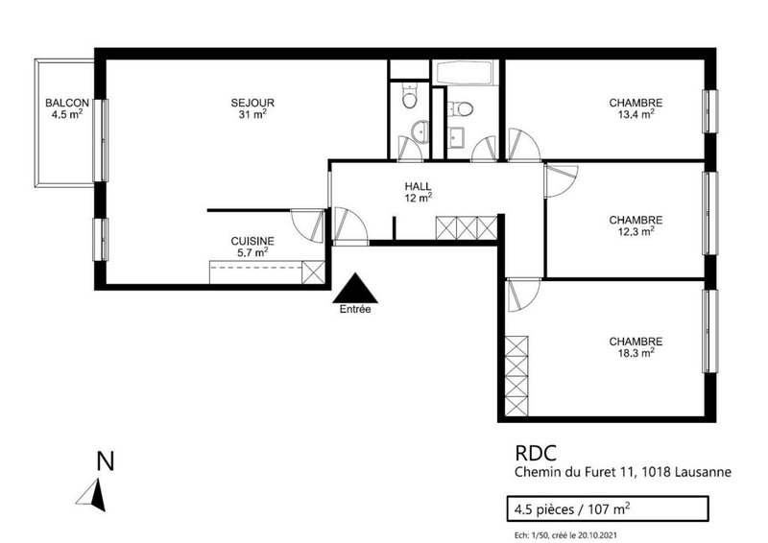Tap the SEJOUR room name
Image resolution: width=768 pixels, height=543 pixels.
pyautogui.click(x=252, y=104)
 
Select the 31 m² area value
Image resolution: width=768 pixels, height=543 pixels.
pyautogui.click(x=252, y=115)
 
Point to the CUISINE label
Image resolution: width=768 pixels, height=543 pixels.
pyautogui.click(x=252, y=242)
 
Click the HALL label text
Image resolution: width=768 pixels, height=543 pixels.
pyautogui.click(x=418, y=187)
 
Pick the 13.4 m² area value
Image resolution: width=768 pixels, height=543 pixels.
pyautogui.click(x=636, y=115)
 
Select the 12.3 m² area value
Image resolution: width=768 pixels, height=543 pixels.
pyautogui.click(x=636, y=230)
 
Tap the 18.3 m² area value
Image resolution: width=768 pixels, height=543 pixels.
pyautogui.click(x=636, y=352)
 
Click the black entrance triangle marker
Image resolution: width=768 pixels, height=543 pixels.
pyautogui.click(x=355, y=287)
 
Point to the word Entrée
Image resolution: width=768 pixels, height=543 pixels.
pyautogui.click(x=355, y=309)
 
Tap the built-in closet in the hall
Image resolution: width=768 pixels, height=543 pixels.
pyautogui.click(x=467, y=228)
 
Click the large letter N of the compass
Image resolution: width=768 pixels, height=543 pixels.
pyautogui.click(x=106, y=461)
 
